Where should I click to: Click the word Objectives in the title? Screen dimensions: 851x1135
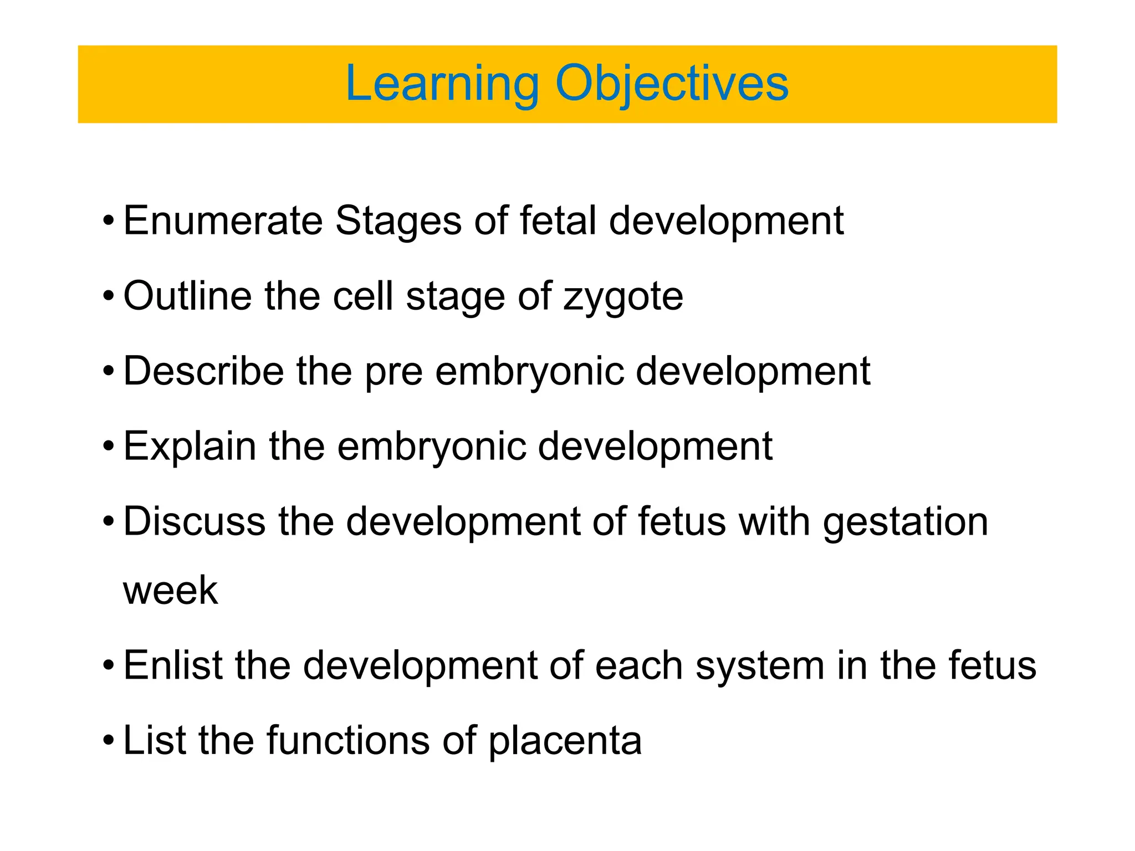click(672, 84)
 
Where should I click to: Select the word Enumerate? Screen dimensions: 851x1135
click(223, 221)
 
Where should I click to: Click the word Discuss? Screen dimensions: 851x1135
click(194, 521)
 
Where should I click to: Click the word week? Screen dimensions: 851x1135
click(170, 591)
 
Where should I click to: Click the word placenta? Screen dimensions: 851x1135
click(565, 741)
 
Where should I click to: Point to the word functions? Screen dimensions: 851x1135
click(348, 740)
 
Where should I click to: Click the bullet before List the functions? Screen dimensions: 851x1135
click(109, 741)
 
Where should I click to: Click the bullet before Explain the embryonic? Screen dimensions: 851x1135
click(109, 447)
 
